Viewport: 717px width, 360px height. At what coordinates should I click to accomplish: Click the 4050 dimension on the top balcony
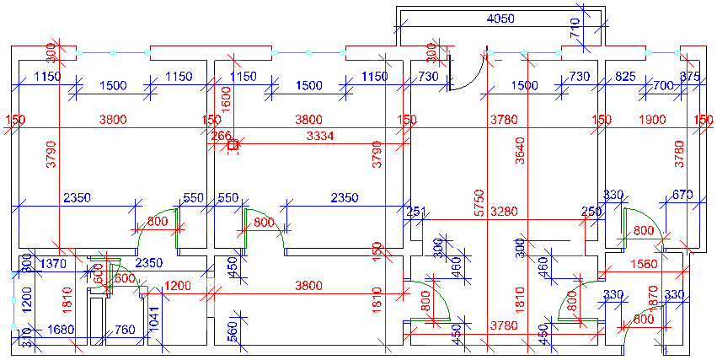coord(502,19)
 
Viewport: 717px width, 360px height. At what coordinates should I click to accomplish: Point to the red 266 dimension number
coord(221,136)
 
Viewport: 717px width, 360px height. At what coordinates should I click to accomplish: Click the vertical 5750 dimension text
coord(479,205)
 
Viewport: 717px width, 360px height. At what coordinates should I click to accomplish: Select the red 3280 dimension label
coord(506,211)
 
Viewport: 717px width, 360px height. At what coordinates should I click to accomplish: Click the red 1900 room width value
coord(652,120)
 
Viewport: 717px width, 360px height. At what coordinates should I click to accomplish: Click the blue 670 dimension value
coord(682,196)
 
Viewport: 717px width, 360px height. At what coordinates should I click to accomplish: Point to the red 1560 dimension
coord(643,265)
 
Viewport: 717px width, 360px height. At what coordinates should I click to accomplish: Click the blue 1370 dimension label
coord(53,264)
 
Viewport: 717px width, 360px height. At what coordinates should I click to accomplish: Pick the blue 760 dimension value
coord(125,330)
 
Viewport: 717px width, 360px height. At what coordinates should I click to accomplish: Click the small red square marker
coord(233,145)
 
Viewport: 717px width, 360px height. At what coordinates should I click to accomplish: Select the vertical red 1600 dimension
coord(226,98)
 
